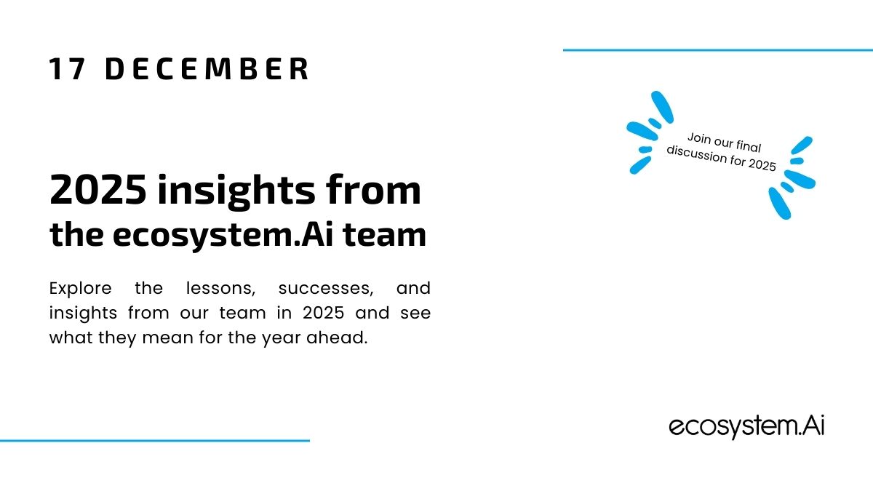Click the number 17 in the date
click(x=67, y=69)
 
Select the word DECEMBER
click(x=207, y=69)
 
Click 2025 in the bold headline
click(x=98, y=190)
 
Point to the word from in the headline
click(x=374, y=189)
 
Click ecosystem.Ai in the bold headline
click(x=223, y=236)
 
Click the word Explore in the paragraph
click(x=80, y=289)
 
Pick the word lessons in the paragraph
click(x=220, y=289)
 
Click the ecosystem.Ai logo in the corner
click(x=746, y=427)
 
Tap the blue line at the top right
click(x=718, y=50)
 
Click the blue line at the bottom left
click(x=155, y=441)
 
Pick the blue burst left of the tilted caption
click(x=650, y=132)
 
